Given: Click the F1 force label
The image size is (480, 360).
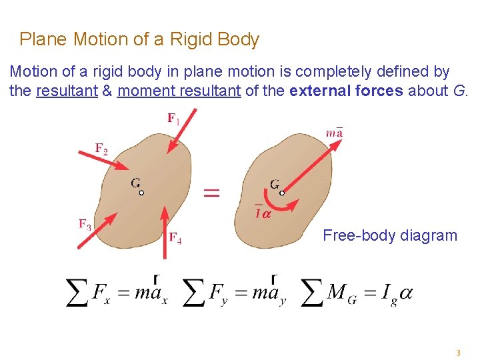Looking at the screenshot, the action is (x=173, y=119).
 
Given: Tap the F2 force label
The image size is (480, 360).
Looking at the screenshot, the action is (x=101, y=149).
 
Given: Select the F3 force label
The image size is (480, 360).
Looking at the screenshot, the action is (x=85, y=224).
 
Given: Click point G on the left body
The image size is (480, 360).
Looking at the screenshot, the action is (x=141, y=193).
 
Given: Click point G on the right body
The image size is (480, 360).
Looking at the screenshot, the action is (x=282, y=193).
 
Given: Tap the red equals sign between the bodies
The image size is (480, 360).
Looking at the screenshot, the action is (x=211, y=193).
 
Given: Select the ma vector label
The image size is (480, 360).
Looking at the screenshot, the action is (x=335, y=131).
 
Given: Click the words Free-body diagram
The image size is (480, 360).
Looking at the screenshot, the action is (x=390, y=235).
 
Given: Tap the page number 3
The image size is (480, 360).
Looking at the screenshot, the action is (x=458, y=353).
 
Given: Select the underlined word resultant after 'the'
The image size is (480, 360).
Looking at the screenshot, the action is (x=67, y=91).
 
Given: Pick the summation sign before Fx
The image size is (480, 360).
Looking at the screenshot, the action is (x=78, y=293).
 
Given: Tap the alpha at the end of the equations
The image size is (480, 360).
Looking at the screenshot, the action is (x=405, y=293).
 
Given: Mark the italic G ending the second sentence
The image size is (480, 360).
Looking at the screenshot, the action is (x=459, y=91).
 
